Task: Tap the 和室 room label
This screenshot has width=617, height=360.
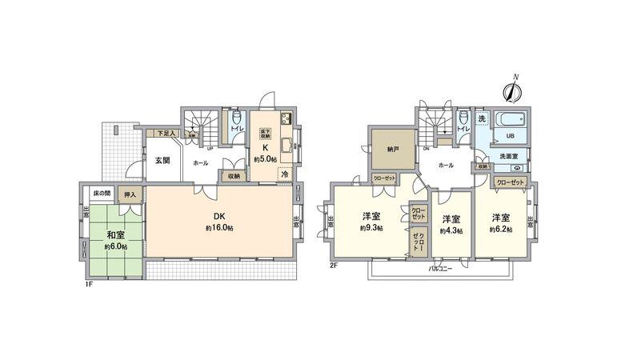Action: click(114, 235)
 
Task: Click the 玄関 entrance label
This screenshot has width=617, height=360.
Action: click(162, 161)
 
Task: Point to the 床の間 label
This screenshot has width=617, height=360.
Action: click(100, 194)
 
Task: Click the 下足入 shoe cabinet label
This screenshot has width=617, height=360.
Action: click(165, 134)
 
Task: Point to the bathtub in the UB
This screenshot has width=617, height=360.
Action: click(511, 122)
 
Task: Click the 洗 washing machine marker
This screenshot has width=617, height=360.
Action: click(481, 119)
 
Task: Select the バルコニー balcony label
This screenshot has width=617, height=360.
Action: click(438, 269)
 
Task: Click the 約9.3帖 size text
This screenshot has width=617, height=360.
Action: click(370, 228)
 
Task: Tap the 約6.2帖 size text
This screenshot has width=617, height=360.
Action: click(501, 229)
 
